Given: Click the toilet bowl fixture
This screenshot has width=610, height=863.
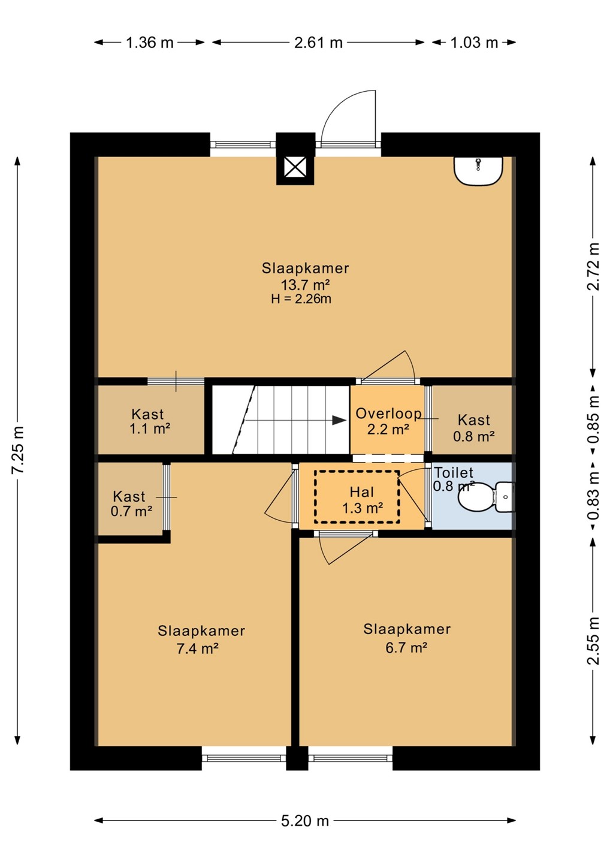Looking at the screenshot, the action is [487, 497].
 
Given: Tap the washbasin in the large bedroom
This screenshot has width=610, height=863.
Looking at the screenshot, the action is [478, 171].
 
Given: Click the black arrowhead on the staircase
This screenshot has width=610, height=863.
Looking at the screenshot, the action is [339, 420].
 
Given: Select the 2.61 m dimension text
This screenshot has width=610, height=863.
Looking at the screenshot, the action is [318, 43].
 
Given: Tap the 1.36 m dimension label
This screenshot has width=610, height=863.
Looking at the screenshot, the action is [150, 43].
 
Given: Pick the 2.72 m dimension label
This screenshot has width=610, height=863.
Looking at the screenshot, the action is [593, 266].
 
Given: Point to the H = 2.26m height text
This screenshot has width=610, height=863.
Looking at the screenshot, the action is [301, 298].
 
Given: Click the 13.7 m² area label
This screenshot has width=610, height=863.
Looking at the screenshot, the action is [305, 285].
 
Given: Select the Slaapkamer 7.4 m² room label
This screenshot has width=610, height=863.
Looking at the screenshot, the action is [201, 639].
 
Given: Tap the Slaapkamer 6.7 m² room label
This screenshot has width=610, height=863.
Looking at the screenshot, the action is [407, 638].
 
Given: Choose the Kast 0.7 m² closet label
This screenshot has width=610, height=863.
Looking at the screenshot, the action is [131, 503].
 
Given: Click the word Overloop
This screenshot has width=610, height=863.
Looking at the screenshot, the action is [388, 414].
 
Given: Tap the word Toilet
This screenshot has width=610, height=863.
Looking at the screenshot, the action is [454, 472].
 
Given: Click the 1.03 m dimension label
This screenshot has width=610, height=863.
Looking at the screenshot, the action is [474, 43].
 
